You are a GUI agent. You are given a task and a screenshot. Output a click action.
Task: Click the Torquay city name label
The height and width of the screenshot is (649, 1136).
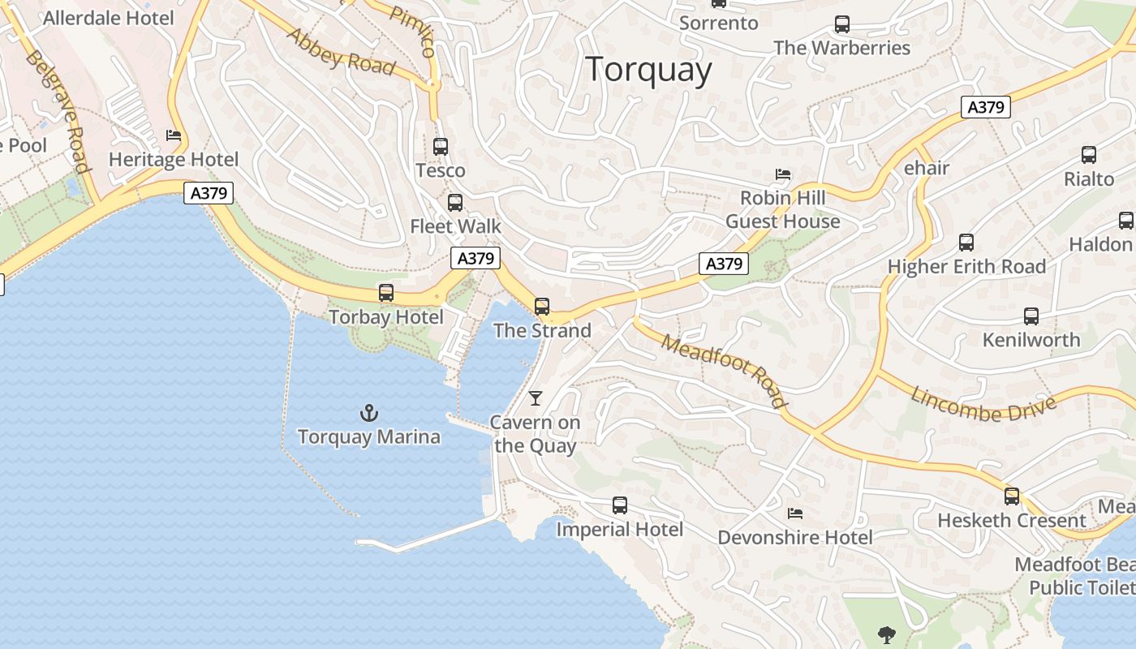click(x=648, y=70)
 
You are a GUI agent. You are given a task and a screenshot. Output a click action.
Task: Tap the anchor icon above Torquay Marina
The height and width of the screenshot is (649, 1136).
click(x=369, y=414)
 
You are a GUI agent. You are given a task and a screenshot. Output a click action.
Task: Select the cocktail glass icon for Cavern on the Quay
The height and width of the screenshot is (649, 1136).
click(x=535, y=398)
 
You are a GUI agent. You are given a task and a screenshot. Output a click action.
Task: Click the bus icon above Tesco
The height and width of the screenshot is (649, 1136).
click(x=441, y=147)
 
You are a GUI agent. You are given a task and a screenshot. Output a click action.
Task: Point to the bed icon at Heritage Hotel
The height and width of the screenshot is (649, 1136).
click(x=173, y=135)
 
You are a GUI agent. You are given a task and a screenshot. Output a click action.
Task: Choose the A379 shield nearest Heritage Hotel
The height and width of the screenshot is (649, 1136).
click(x=209, y=193)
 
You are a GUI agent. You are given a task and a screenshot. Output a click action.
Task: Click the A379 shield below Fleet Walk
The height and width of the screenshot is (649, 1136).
click(x=475, y=259)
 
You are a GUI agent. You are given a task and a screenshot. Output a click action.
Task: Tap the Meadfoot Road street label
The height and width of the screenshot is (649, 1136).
click(x=724, y=370)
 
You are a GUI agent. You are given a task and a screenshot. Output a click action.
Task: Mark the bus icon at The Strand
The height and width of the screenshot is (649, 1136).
click(x=542, y=307)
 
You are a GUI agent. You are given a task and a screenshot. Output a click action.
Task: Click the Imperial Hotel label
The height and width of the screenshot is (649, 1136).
click(x=619, y=530)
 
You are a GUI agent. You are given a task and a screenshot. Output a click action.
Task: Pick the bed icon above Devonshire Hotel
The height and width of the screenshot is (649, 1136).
click(x=795, y=514)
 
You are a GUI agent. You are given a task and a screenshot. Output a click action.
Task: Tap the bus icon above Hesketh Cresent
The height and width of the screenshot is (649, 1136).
click(x=1011, y=496)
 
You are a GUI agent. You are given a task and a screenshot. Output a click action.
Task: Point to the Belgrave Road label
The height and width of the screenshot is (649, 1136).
click(x=57, y=111)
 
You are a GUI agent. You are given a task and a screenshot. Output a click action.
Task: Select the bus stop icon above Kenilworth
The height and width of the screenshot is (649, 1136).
click(x=1031, y=316)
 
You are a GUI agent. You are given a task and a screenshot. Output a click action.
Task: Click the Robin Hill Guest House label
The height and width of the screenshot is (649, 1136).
click(x=782, y=209)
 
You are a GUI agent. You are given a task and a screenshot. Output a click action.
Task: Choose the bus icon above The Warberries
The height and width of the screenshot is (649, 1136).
click(x=842, y=24)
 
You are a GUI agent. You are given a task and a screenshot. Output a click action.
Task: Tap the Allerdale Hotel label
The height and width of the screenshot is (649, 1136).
click(x=109, y=18)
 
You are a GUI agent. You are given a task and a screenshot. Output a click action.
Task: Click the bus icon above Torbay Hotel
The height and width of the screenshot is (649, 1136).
click(x=386, y=293)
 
